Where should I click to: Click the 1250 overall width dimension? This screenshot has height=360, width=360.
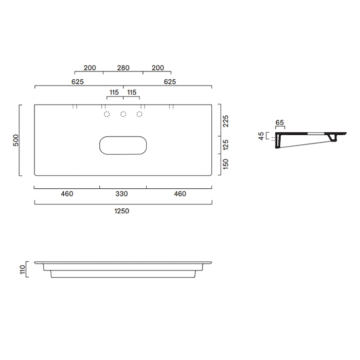click(122, 211)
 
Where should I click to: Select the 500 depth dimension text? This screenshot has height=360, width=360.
click(16, 140)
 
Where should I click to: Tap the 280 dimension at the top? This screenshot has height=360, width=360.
click(123, 68)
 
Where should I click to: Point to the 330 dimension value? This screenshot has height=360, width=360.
click(122, 194)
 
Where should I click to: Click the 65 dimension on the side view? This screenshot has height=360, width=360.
click(280, 123)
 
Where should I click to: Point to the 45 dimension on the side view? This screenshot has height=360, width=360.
click(262, 136)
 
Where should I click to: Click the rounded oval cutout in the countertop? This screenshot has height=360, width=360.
click(122, 145)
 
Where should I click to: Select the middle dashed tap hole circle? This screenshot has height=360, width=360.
click(123, 114)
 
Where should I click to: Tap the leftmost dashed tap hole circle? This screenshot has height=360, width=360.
click(107, 114)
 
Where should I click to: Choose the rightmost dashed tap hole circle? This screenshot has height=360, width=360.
click(139, 114)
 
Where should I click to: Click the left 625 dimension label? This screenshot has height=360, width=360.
click(78, 81)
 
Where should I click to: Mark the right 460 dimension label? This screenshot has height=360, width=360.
click(179, 194)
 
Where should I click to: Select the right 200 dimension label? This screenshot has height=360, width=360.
click(157, 68)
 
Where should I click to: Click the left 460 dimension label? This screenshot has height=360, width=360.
click(67, 194)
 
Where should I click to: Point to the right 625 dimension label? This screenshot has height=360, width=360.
click(170, 81)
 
